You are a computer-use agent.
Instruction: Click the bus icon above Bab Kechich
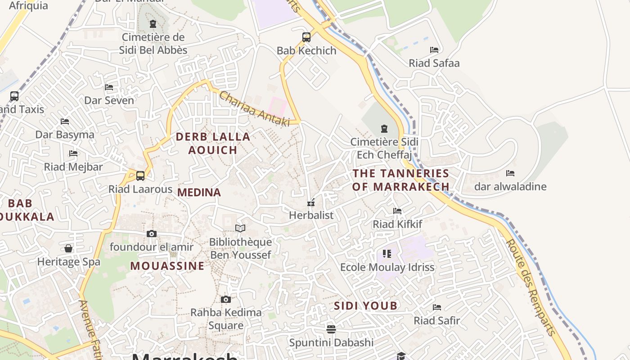coord(306,37)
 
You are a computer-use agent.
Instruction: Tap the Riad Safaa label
coord(434,63)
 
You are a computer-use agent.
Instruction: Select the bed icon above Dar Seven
coord(109,87)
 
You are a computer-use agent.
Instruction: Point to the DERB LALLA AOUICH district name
coord(212,143)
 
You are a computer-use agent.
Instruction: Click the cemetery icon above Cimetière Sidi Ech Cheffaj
coord(384,129)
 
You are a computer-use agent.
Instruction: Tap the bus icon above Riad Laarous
coord(140,175)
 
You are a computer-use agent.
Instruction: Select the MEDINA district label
coord(199,193)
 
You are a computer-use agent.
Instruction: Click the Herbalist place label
coord(311,215)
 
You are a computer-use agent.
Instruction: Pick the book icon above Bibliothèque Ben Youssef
coord(240,229)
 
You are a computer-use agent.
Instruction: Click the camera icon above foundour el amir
coord(152,234)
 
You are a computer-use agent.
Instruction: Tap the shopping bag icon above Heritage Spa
coord(68,248)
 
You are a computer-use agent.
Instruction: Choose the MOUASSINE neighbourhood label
coord(167,266)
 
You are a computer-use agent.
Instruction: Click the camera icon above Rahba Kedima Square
coord(226,299)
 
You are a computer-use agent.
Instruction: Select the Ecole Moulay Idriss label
coord(387,267)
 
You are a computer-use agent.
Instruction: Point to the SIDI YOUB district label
coord(365,306)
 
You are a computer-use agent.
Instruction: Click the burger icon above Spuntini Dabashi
coord(331,329)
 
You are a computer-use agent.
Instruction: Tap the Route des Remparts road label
coord(531,288)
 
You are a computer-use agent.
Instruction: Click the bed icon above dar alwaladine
coord(510,173)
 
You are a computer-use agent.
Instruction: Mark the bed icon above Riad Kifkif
coord(397,211)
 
